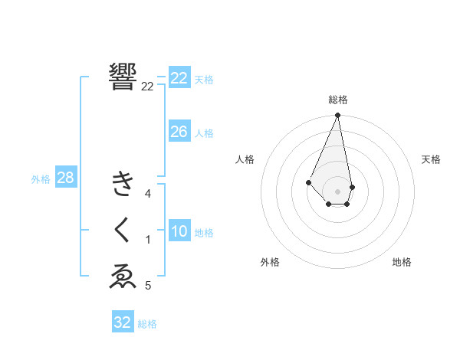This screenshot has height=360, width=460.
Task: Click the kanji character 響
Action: [x=123, y=77]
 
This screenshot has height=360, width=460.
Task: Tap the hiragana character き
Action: [x=123, y=185]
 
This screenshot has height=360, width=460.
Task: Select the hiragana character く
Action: [x=123, y=230]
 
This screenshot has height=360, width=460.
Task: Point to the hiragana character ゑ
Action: [x=123, y=277]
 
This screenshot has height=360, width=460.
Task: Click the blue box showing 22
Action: [x=179, y=78]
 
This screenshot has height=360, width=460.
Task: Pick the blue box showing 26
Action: [x=179, y=132]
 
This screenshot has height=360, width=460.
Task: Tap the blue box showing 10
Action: [x=179, y=231]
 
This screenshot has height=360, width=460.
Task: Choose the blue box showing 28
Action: [x=65, y=178]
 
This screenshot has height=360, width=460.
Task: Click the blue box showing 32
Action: [x=123, y=322]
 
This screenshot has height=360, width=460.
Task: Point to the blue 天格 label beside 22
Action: [x=204, y=80]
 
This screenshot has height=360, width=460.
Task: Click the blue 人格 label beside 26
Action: [x=204, y=133]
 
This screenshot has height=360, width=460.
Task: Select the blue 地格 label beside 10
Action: [x=204, y=233]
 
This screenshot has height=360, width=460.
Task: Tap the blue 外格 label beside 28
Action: [x=41, y=179]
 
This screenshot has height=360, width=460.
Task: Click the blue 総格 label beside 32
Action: [x=147, y=324]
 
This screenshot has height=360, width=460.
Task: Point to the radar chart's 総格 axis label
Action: [x=338, y=100]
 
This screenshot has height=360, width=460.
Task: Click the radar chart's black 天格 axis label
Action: [x=432, y=159]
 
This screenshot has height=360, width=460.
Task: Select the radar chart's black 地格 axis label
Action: [x=402, y=262]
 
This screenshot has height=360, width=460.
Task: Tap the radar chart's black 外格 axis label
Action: [x=270, y=262]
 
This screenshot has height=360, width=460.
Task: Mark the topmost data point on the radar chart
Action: [x=337, y=115]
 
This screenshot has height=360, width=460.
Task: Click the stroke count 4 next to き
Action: [x=148, y=194]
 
